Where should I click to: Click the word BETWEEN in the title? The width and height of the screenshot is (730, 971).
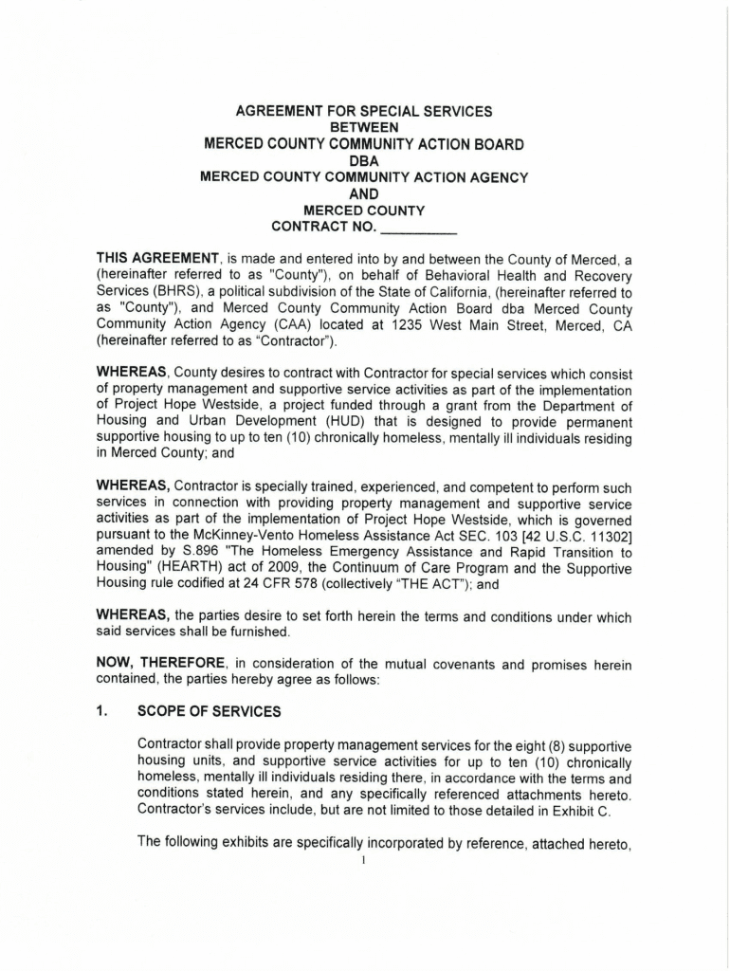coord(364,127)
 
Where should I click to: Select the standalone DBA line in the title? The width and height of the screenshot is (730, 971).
coord(364,160)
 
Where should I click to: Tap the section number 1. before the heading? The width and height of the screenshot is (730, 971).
coord(102,709)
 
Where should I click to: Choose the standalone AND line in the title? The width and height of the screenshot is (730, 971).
coord(364,193)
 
